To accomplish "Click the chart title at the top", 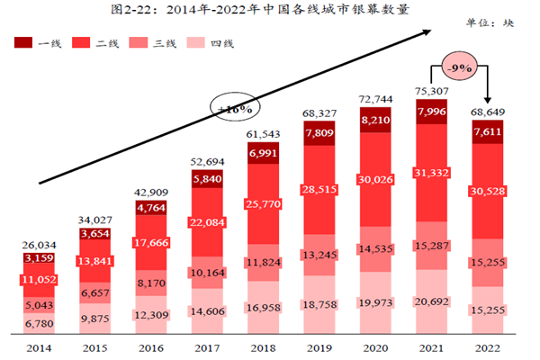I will pos(270,11).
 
